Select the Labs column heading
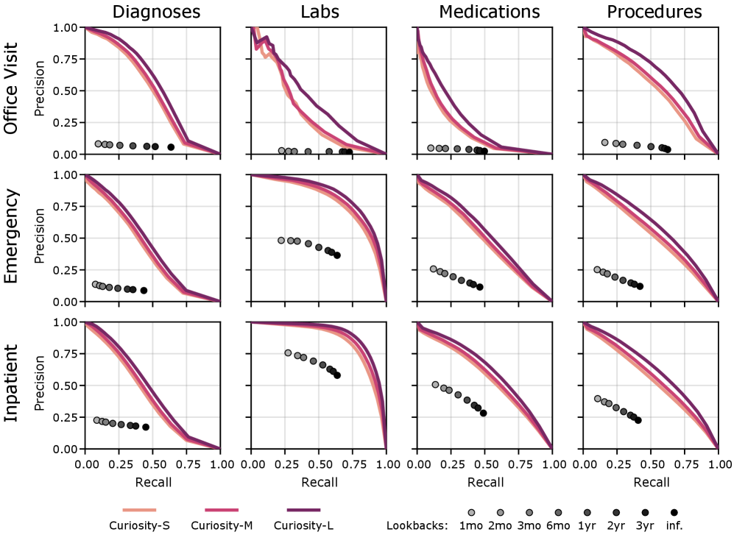(x=319, y=12)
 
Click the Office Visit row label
(x=13, y=91)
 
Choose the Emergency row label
(x=13, y=238)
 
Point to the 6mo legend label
(x=558, y=525)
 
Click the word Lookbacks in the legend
(x=417, y=525)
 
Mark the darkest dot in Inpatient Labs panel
(x=337, y=375)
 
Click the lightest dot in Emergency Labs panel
(x=281, y=241)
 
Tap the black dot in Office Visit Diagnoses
(x=171, y=147)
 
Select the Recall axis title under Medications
(x=485, y=483)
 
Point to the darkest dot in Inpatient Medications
(x=484, y=414)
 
